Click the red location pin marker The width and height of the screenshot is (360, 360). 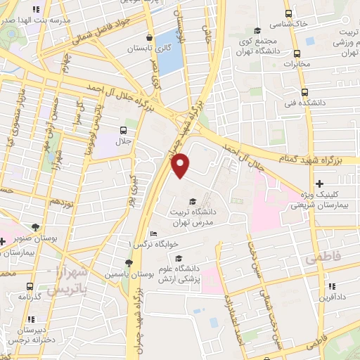(x=181, y=164)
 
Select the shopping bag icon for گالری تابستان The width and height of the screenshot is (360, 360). (x=148, y=38)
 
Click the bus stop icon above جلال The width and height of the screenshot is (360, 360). (x=124, y=129)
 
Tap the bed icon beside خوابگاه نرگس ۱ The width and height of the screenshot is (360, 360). (x=154, y=234)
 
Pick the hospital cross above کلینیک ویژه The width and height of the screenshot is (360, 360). (x=320, y=182)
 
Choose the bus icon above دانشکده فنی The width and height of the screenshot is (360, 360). (x=304, y=92)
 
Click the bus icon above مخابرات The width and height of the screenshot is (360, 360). (x=297, y=53)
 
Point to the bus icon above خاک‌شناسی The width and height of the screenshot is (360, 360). (x=288, y=13)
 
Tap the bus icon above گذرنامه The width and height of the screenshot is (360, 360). (x=30, y=286)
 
